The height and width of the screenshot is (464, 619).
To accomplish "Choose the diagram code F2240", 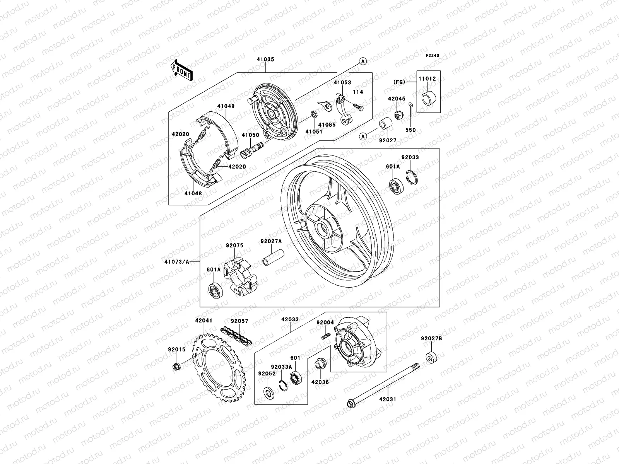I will point(433,55).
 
